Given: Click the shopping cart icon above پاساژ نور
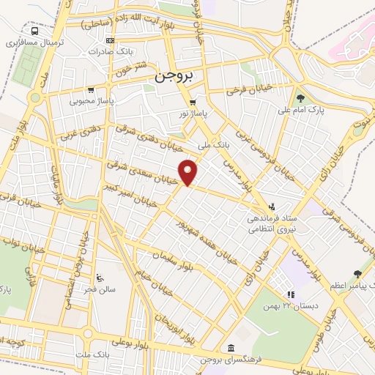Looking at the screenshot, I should point(193,103).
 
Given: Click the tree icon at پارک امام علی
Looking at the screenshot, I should point(300,98).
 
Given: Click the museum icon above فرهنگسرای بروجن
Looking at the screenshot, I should point(231,347).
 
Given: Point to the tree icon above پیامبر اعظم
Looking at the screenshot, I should point(357,273).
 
